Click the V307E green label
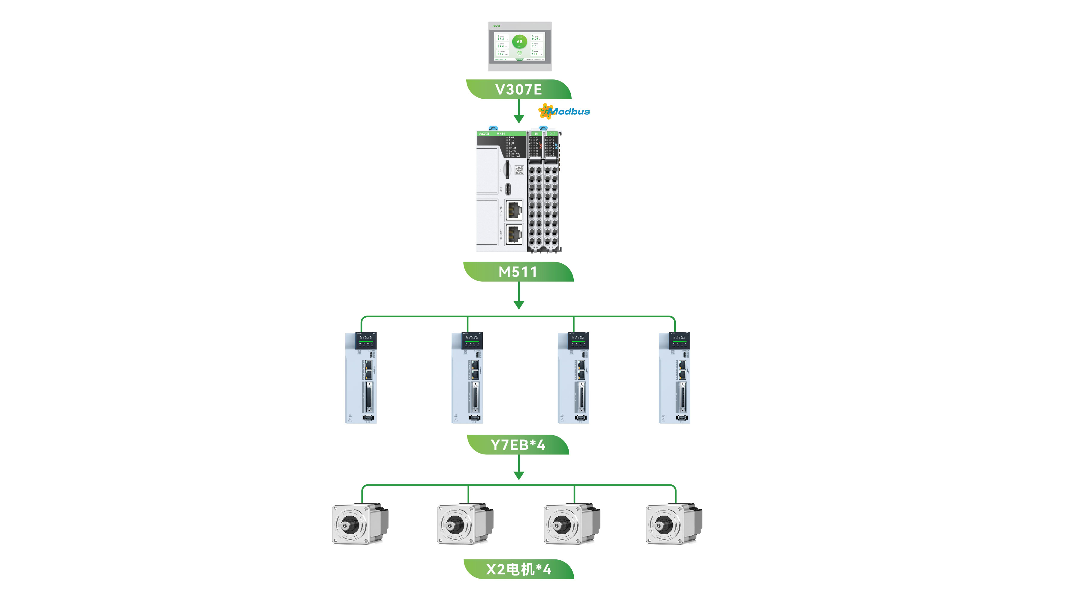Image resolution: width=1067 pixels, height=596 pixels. (518, 89)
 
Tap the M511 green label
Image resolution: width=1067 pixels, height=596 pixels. (518, 272)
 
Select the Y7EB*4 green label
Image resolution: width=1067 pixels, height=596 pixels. (518, 445)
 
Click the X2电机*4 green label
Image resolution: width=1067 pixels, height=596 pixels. (518, 569)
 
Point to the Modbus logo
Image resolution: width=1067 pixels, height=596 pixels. (564, 111)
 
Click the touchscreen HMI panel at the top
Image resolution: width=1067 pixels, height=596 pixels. (520, 46)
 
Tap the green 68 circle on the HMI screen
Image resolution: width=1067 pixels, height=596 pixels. (519, 42)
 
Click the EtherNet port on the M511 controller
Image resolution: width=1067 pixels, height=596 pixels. (514, 210)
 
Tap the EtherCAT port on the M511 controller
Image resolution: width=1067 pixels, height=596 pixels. (514, 235)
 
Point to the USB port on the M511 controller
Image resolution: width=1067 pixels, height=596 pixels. (508, 189)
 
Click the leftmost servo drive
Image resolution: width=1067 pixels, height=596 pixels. (361, 377)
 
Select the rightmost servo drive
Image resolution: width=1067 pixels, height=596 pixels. (674, 377)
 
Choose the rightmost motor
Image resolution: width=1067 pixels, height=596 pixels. (674, 524)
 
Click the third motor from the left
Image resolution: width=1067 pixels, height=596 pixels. (572, 524)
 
